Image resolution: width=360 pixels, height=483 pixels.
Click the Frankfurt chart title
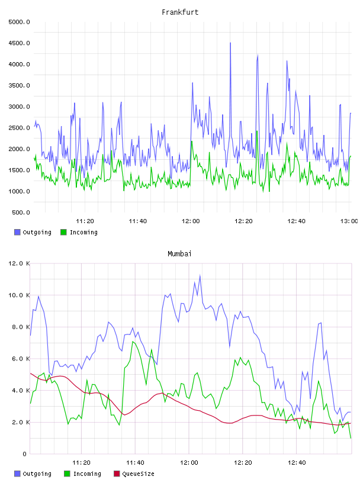tap(180, 12)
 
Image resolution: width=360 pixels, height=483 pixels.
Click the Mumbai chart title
tap(179, 254)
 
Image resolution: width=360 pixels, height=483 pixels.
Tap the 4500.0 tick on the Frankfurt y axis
tap(19, 43)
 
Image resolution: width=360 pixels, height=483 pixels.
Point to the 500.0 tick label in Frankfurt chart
tap(21, 212)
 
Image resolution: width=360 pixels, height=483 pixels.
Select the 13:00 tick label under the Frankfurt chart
tap(349, 221)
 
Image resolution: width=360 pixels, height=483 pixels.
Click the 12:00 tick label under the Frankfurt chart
tap(191, 221)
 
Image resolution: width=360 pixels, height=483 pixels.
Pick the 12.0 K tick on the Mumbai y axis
tap(19, 263)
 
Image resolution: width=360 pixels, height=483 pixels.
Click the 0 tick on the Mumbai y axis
tap(24, 454)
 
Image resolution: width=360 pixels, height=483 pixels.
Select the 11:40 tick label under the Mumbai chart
tap(135, 463)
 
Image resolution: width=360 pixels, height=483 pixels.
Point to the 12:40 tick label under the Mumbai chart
tap(297, 463)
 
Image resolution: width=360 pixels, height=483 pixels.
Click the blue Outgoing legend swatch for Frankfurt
tap(17, 232)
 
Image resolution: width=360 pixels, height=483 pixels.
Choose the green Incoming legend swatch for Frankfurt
tap(63, 232)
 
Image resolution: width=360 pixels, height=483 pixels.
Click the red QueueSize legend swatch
tap(117, 474)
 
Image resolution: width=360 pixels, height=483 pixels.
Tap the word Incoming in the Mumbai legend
tap(87, 474)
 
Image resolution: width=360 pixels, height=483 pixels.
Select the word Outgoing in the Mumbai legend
tap(37, 474)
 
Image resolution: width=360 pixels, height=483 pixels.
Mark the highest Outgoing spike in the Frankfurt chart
tap(230, 43)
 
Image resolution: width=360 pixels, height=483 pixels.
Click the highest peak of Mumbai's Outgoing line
tap(200, 276)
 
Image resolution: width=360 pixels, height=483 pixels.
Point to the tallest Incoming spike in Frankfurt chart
tap(257, 131)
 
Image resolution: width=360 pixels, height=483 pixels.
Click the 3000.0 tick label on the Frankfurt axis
tap(19, 107)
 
